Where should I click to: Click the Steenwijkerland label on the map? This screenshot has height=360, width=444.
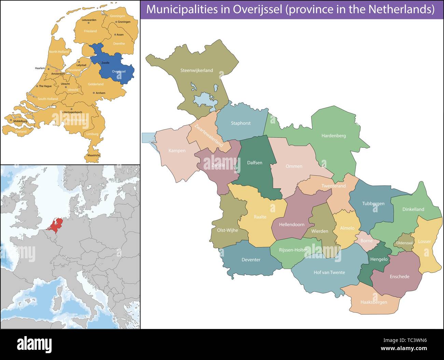pyautogui.click(x=196, y=71)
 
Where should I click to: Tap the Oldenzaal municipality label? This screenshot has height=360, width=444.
pyautogui.click(x=404, y=243)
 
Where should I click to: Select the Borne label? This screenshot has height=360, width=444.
pyautogui.click(x=366, y=241)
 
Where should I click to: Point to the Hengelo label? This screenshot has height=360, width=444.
pyautogui.click(x=379, y=259)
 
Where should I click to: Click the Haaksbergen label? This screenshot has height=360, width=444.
pyautogui.click(x=374, y=302)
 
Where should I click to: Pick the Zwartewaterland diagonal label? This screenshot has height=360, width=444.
pyautogui.click(x=209, y=135)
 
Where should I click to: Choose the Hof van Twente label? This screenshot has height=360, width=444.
pyautogui.click(x=329, y=273)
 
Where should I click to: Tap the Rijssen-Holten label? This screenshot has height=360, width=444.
pyautogui.click(x=293, y=250)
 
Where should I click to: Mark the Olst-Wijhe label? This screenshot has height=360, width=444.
pyautogui.click(x=227, y=230)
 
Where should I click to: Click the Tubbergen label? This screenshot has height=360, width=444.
pyautogui.click(x=373, y=204)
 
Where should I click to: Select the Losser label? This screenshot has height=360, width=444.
pyautogui.click(x=425, y=242)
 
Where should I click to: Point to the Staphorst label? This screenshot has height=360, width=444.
pyautogui.click(x=241, y=123)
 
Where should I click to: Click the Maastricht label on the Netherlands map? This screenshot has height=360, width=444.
pyautogui.click(x=94, y=155)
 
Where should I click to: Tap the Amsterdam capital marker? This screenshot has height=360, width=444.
pyautogui.click(x=57, y=71)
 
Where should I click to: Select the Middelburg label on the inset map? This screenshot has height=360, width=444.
pyautogui.click(x=20, y=121)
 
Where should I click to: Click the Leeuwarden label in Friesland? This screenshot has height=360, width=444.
pyautogui.click(x=89, y=20)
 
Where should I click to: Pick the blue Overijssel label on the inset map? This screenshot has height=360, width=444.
pyautogui.click(x=119, y=72)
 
